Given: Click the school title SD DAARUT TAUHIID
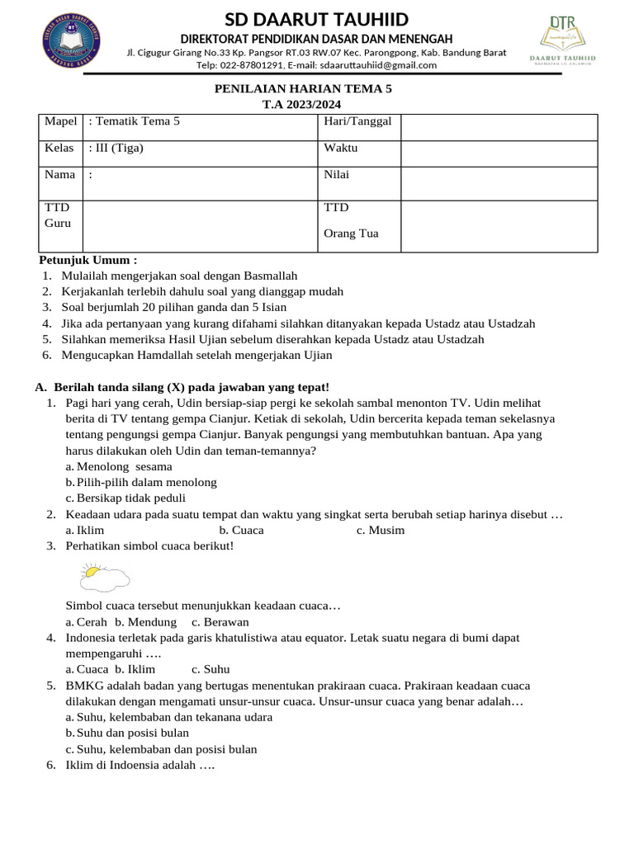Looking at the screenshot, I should tap(317, 20).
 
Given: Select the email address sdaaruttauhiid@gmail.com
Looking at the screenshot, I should tap(367, 65).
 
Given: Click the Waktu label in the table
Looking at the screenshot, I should tap(341, 149).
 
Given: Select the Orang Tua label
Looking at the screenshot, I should tap(352, 234).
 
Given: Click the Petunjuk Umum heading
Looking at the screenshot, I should tap(88, 261).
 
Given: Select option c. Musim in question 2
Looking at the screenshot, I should tap(381, 530).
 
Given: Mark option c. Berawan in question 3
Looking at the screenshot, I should tap(220, 622).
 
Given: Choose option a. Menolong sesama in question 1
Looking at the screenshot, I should tap(119, 466).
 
